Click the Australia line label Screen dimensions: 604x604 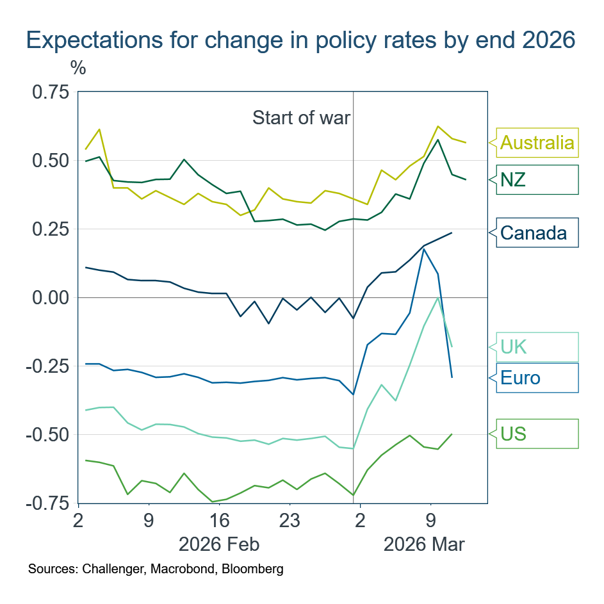pyautogui.click(x=537, y=142)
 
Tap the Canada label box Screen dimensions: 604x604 pyautogui.click(x=534, y=233)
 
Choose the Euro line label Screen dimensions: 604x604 pyautogui.click(x=520, y=378)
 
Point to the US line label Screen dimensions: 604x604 pyautogui.click(x=513, y=434)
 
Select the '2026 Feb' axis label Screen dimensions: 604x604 pyautogui.click(x=219, y=544)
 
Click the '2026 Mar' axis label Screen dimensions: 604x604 pyautogui.click(x=424, y=544)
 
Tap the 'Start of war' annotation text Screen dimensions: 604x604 pyautogui.click(x=301, y=118)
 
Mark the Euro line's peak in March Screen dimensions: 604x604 pyautogui.click(x=423, y=249)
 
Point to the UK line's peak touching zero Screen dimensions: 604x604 pyautogui.click(x=438, y=297)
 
